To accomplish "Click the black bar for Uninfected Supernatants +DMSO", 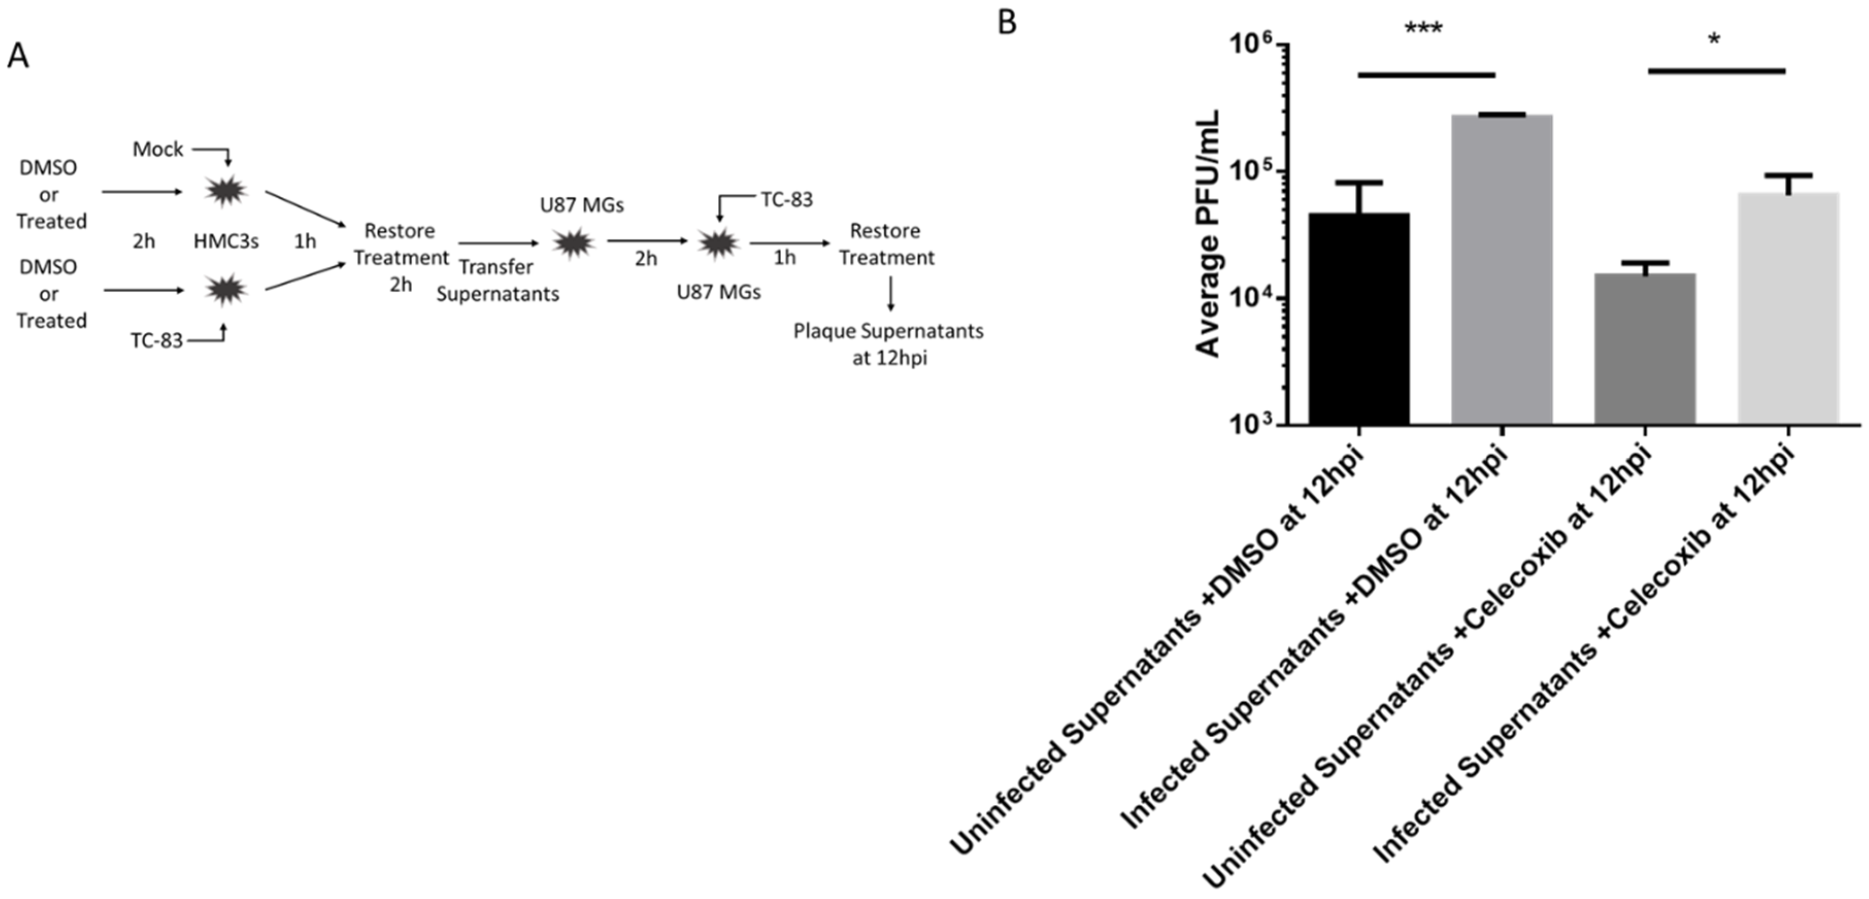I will tap(1359, 319).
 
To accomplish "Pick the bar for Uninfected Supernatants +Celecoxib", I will tap(1645, 349).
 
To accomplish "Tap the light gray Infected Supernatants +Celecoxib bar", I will tap(1789, 309).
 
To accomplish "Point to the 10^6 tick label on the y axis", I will tap(1250, 45).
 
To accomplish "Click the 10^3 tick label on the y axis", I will tap(1250, 425).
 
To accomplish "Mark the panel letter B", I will tap(1007, 22).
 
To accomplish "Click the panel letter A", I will tap(18, 56).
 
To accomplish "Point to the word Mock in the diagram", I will tap(158, 149).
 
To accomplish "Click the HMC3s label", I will tap(226, 241).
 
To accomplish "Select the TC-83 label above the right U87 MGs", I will tap(786, 199).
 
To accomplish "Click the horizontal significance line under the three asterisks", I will tap(1426, 75).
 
